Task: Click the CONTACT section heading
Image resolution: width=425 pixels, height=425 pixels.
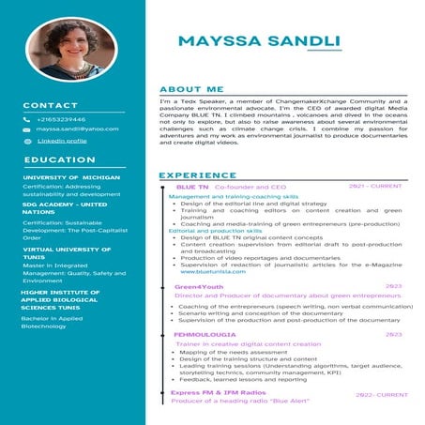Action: (51, 105)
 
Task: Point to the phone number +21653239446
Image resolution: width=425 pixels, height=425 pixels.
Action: (61, 119)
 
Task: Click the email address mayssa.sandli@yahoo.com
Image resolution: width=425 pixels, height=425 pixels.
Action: (77, 129)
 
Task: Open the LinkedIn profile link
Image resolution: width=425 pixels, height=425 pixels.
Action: (62, 140)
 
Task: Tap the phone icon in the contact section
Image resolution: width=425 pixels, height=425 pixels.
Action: (27, 119)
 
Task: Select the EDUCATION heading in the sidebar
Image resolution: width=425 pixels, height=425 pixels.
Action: (59, 159)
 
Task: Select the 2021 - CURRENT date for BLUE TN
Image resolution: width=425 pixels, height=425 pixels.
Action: (374, 188)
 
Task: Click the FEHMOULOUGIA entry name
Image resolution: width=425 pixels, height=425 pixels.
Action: (204, 334)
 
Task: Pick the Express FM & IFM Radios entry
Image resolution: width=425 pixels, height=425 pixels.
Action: (219, 392)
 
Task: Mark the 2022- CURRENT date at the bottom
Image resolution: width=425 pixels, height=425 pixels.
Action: (381, 395)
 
